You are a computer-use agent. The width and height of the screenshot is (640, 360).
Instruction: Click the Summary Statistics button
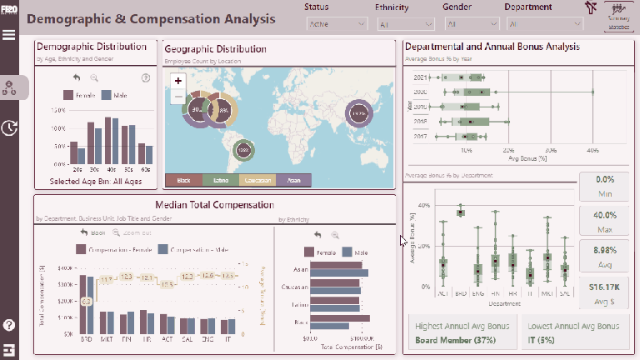click(x=618, y=16)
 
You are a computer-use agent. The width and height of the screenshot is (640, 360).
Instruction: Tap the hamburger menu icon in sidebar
click(x=9, y=35)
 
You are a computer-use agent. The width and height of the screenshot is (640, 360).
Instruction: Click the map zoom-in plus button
click(x=178, y=81)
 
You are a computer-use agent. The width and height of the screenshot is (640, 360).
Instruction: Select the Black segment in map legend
click(x=184, y=180)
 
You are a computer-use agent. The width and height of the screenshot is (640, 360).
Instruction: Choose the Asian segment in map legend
click(x=293, y=180)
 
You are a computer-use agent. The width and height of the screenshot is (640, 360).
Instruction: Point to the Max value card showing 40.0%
click(x=604, y=220)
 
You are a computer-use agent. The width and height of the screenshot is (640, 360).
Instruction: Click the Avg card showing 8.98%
click(x=604, y=256)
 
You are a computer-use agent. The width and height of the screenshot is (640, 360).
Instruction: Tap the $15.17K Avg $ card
click(x=604, y=292)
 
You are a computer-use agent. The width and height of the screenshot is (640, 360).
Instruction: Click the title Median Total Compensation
click(x=214, y=205)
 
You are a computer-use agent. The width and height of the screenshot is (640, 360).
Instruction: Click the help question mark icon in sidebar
click(x=9, y=325)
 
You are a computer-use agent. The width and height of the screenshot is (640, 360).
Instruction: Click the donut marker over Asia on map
click(x=358, y=112)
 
